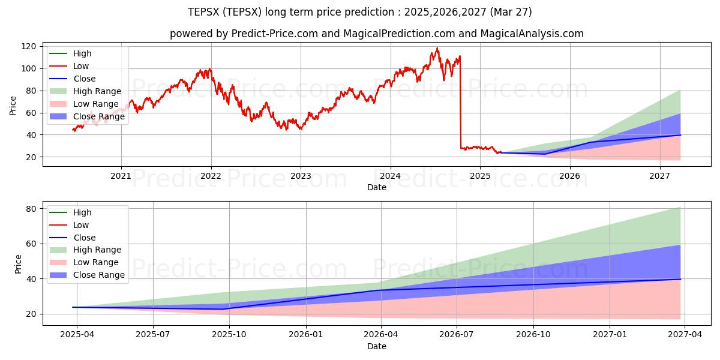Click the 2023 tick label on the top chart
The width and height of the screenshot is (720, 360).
click(301, 176)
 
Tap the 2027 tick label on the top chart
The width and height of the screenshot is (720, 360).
click(659, 176)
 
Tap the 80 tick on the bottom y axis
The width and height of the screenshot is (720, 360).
click(30, 209)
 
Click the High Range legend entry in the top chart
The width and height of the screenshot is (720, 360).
click(97, 91)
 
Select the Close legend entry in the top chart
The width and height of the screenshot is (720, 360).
click(84, 79)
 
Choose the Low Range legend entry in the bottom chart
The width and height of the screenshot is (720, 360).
click(96, 262)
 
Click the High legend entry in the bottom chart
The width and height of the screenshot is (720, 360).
click(82, 212)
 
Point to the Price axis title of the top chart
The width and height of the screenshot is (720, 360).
click(13, 105)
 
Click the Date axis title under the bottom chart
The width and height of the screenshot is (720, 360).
click(377, 346)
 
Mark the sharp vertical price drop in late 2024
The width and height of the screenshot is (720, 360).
click(460, 102)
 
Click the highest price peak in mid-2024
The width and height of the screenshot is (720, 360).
click(437, 48)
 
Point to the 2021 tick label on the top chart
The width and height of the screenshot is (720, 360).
click(121, 176)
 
